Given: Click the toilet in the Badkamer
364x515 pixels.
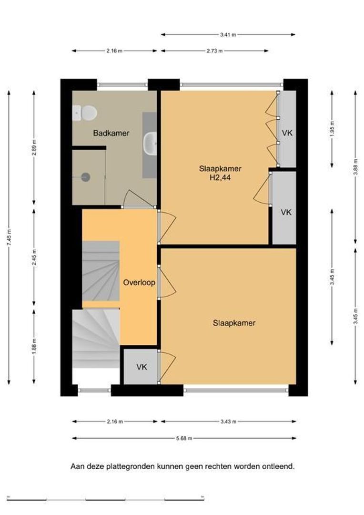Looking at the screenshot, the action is pyautogui.click(x=84, y=113).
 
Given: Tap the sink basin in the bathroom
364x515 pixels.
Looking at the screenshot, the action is pyautogui.click(x=151, y=144).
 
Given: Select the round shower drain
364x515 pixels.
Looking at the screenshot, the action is pyautogui.click(x=86, y=177).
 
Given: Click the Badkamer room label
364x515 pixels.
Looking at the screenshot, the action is pyautogui.click(x=111, y=133).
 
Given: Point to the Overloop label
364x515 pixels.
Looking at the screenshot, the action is pyautogui.click(x=139, y=282).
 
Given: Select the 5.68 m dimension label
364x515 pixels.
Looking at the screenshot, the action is pyautogui.click(x=184, y=438).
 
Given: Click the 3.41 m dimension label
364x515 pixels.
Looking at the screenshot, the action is pyautogui.click(x=228, y=34).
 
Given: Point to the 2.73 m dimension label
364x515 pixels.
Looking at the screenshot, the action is pyautogui.click(x=215, y=51).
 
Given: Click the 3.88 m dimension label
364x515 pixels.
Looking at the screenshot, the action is pyautogui.click(x=355, y=167).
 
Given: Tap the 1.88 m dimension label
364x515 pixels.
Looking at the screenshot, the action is pyautogui.click(x=34, y=346).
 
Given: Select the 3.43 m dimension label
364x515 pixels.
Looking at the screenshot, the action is pyautogui.click(x=228, y=422).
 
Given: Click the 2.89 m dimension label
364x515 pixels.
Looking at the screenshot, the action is pyautogui.click(x=34, y=148).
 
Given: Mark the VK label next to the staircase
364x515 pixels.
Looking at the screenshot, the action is pyautogui.click(x=142, y=367).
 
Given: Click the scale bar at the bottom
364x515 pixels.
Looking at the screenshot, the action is pyautogui.click(x=105, y=500).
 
